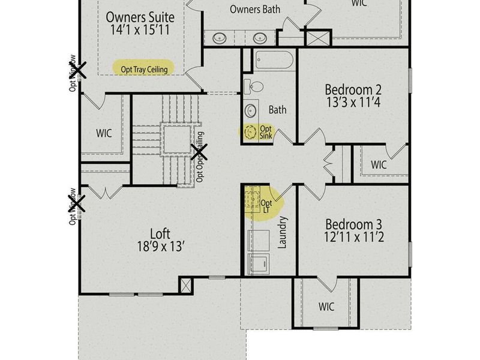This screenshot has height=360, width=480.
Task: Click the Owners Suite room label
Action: tap(140, 17)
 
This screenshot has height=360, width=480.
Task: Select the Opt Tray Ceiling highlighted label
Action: tap(144, 69)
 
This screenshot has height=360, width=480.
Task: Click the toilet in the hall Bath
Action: tap(251, 86)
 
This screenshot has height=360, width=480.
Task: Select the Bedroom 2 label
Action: tap(353, 90)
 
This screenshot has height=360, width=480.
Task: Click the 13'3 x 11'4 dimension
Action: tap(353, 102)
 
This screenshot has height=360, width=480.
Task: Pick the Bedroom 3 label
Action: tap(353, 226)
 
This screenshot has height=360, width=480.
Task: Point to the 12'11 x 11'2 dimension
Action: tap(353, 238)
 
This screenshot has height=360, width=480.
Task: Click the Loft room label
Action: tap(160, 233)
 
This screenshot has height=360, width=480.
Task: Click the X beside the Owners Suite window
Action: tap(79, 70)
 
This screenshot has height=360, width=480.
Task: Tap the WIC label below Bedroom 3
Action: tap(326, 307)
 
